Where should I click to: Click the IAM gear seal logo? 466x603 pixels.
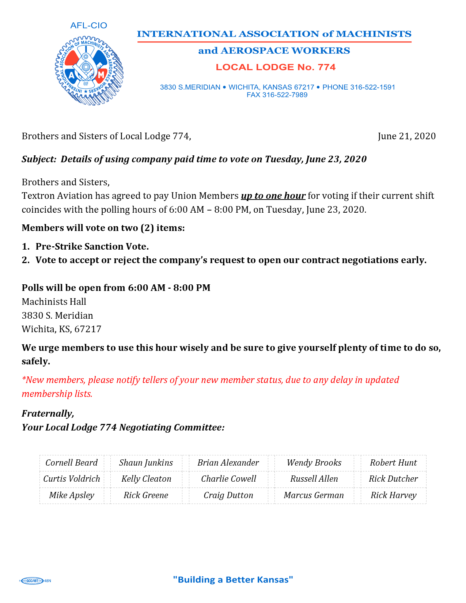tap(89, 71)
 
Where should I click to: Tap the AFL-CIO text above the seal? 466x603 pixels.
tap(88, 26)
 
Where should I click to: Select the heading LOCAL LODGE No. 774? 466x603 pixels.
tap(275, 67)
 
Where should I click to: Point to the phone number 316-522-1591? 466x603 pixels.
tap(372, 87)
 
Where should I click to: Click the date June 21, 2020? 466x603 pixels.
tap(406, 136)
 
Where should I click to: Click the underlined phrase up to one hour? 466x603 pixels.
tap(273, 196)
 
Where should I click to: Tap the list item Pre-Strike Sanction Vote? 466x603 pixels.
tap(92, 247)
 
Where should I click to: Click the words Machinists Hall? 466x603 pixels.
tap(54, 302)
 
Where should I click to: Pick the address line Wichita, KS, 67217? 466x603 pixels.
tap(61, 329)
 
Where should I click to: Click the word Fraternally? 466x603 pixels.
tap(48, 414)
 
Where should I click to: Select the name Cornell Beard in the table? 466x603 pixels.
tap(72, 463)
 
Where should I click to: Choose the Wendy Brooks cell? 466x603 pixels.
tap(314, 463)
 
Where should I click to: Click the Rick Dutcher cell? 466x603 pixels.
tap(393, 479)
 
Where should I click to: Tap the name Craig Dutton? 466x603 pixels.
tap(228, 496)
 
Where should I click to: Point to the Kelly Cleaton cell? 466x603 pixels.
tap(146, 479)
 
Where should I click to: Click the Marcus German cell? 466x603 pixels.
tap(314, 496)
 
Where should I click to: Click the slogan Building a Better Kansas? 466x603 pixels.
tap(233, 580)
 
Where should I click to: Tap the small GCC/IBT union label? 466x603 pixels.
tap(32, 581)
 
